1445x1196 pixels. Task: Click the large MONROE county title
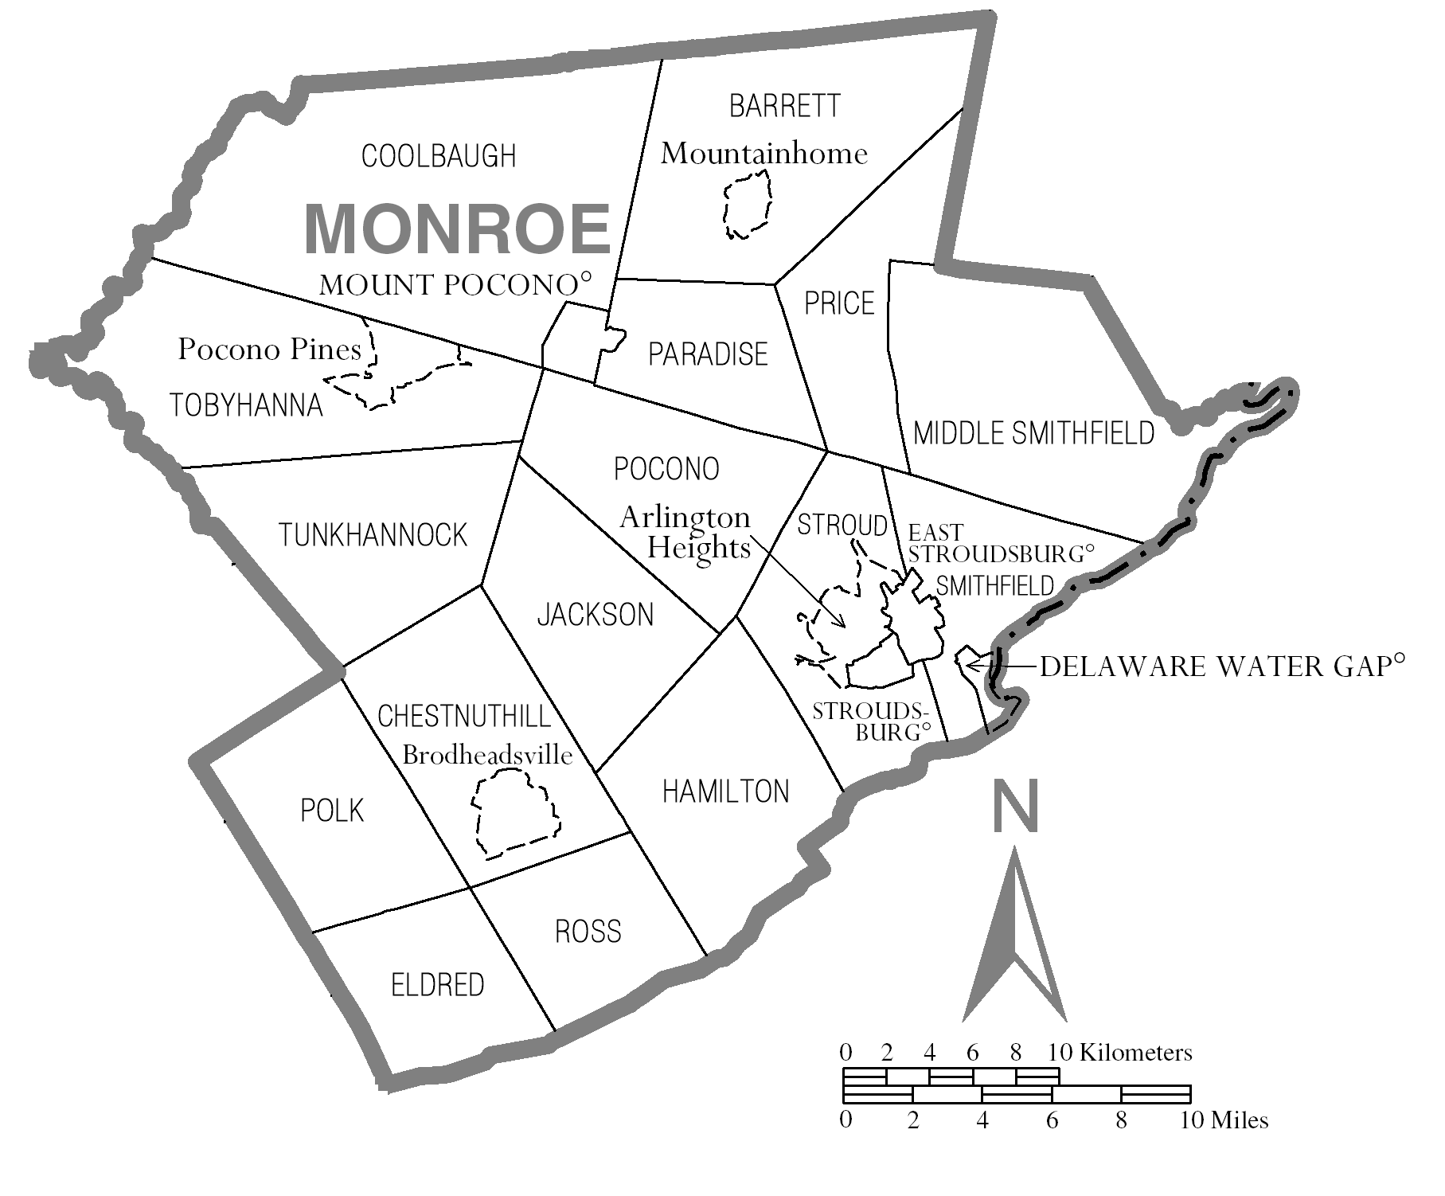pyautogui.click(x=457, y=229)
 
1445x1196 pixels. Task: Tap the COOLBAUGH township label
pyautogui.click(x=439, y=156)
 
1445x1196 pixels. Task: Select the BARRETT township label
pyautogui.click(x=784, y=106)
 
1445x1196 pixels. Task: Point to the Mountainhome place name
pyautogui.click(x=764, y=154)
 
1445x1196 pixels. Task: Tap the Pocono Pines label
pyautogui.click(x=269, y=350)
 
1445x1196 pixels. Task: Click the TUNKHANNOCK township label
pyautogui.click(x=373, y=535)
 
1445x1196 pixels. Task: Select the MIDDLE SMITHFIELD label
pyautogui.click(x=1033, y=433)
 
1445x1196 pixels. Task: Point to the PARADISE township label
pyautogui.click(x=708, y=354)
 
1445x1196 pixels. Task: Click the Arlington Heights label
pyautogui.click(x=685, y=532)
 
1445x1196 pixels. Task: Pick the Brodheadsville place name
pyautogui.click(x=487, y=755)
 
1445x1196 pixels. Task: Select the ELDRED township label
pyautogui.click(x=437, y=986)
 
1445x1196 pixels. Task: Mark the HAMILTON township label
pyautogui.click(x=725, y=791)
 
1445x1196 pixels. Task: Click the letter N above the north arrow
pyautogui.click(x=1016, y=806)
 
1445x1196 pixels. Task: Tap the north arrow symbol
pyautogui.click(x=1014, y=940)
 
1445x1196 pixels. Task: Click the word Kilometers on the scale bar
pyautogui.click(x=1136, y=1053)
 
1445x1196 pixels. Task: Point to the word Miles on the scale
pyautogui.click(x=1239, y=1120)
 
